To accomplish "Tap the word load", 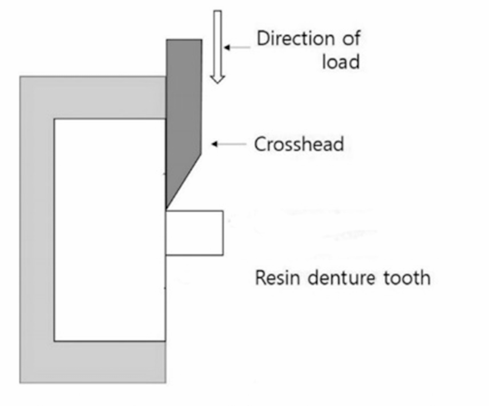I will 341,62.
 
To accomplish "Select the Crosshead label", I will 299,144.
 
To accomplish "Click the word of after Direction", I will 351,38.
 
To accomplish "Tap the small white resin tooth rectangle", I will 194,233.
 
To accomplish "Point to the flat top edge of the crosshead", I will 184,40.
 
